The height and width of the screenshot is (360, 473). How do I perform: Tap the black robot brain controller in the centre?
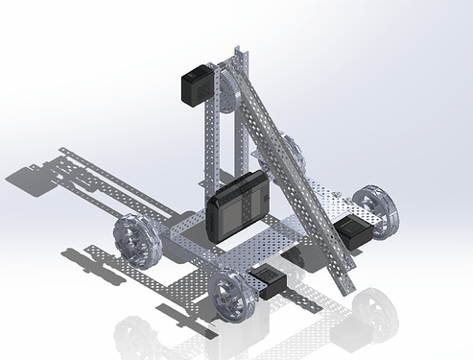pos(239,205)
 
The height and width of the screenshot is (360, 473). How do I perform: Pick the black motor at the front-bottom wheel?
pos(267,280)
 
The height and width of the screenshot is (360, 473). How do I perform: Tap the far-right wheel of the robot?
pos(374,211)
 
